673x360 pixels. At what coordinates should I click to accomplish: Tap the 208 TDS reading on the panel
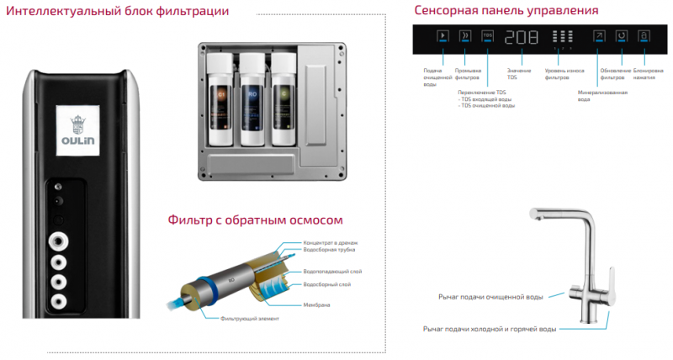click(522, 38)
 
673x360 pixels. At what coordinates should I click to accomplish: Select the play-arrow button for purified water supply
click(443, 37)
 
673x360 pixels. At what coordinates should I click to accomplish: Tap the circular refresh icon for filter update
click(622, 37)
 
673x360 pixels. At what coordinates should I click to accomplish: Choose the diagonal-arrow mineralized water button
click(599, 37)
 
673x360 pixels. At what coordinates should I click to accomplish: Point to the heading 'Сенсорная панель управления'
click(506, 11)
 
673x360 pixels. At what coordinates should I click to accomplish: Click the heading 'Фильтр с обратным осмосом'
click(256, 220)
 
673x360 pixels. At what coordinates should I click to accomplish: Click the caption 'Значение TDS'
click(517, 74)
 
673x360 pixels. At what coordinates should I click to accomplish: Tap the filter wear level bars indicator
click(564, 38)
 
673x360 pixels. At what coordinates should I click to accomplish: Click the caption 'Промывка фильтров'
click(468, 74)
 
